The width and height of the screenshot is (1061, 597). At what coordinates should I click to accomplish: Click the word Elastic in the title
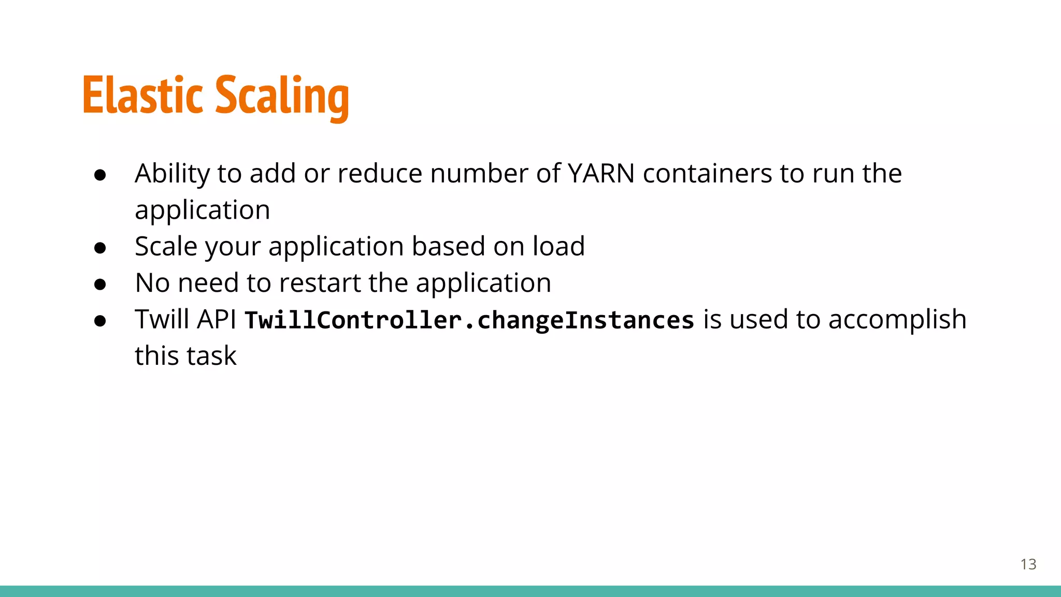(142, 96)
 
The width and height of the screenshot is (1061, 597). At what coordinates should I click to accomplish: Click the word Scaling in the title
(282, 97)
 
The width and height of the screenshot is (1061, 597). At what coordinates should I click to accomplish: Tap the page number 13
(1028, 564)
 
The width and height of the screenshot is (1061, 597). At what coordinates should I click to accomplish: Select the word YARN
(601, 174)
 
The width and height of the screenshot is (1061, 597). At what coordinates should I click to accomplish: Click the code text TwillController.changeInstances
(469, 320)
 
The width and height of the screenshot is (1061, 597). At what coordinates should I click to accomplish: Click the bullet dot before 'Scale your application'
(101, 248)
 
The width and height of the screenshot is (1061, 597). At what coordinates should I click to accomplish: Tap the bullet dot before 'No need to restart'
(101, 285)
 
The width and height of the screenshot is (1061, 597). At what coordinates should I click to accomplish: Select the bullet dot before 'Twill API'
(101, 321)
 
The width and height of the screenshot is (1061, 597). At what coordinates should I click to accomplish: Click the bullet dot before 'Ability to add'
(101, 175)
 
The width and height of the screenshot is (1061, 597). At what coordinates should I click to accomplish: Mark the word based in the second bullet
(448, 246)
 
